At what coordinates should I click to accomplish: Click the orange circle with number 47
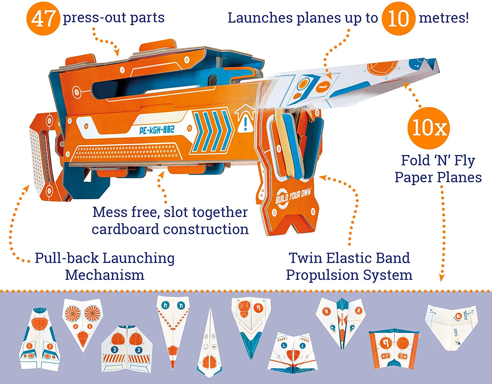coord(43,19)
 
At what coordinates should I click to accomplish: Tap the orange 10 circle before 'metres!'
coord(398,18)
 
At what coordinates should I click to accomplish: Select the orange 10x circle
coord(428,127)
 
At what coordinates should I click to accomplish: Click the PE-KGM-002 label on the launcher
coord(156,130)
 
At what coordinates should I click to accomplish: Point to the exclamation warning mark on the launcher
coord(246,123)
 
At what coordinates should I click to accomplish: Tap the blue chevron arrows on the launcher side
coord(212,131)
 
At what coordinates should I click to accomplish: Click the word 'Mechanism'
coord(105,275)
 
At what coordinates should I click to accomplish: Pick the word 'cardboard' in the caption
coord(126,229)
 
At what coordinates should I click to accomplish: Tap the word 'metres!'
coord(444,18)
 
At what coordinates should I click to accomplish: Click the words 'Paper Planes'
coord(438,177)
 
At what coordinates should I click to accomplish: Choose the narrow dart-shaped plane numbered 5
coord(209,344)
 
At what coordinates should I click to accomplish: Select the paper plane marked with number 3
coord(127,349)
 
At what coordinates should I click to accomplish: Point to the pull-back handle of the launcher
coord(41,154)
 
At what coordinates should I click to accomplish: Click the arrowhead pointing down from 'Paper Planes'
coord(442,278)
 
